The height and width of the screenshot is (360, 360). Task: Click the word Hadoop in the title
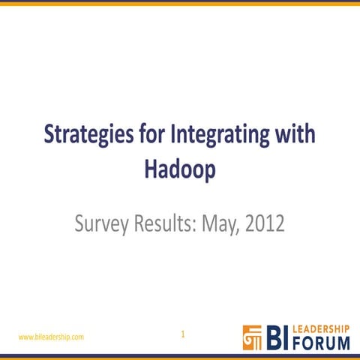180,169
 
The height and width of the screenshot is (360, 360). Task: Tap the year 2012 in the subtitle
265,223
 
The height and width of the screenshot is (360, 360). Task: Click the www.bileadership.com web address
51,337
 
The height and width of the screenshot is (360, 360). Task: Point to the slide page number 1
182,334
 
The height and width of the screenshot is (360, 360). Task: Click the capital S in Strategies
50,136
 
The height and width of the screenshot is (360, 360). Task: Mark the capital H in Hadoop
150,169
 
